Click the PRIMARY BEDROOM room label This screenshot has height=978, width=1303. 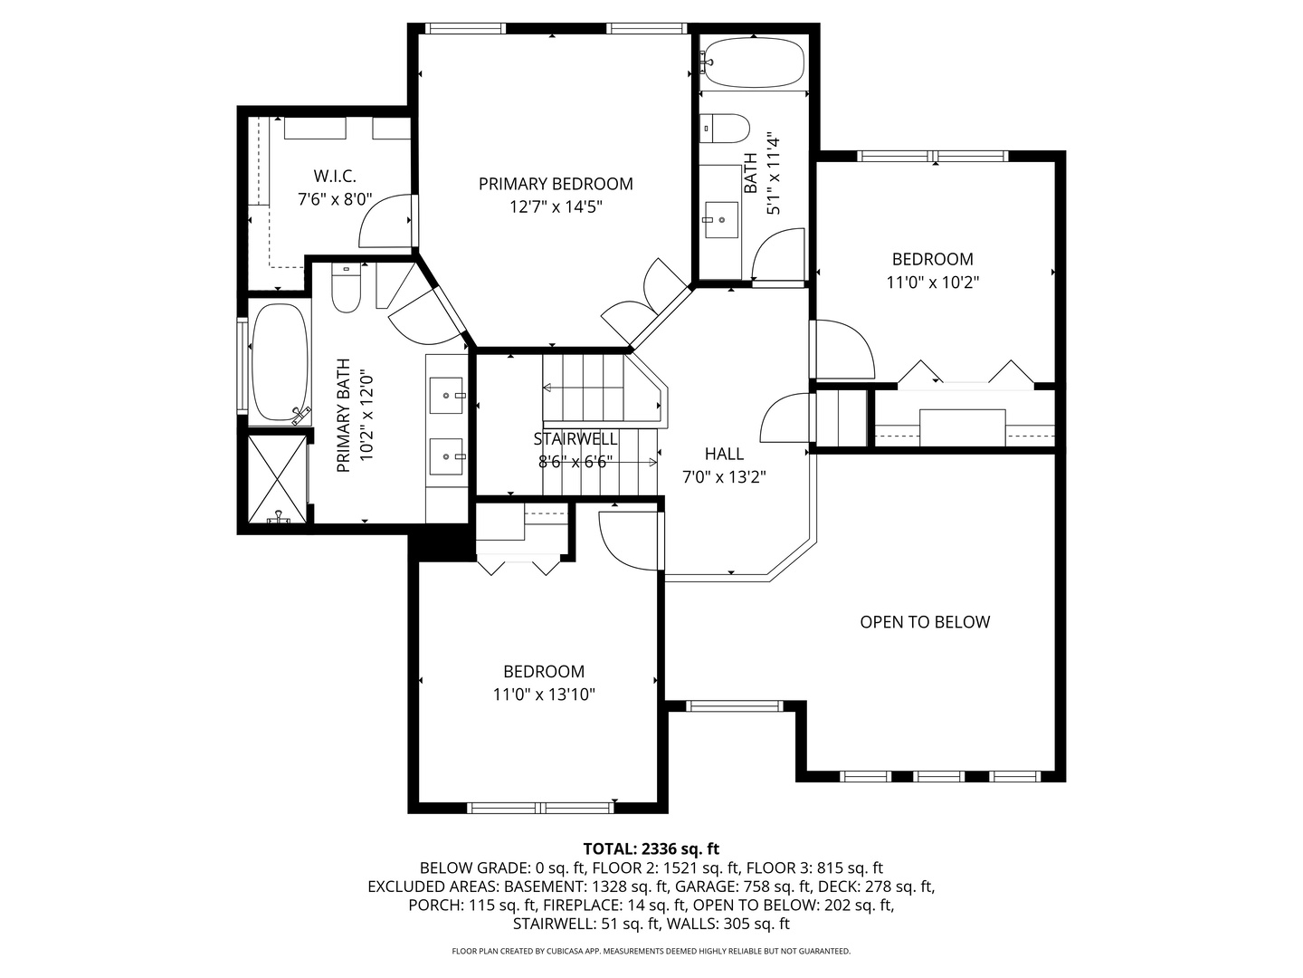pos(556,184)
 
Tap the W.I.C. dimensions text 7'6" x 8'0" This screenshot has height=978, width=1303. pos(335,199)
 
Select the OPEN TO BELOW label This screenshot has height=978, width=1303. pos(925,622)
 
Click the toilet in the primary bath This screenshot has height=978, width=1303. pos(346,288)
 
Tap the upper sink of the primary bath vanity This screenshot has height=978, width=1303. pos(446,395)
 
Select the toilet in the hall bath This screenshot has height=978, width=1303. pos(726,128)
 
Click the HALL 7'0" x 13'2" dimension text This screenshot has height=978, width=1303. pos(724,477)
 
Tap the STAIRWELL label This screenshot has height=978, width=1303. pos(575,439)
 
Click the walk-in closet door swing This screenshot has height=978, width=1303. pos(386,222)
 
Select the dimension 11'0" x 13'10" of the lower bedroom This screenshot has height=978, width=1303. pos(544,695)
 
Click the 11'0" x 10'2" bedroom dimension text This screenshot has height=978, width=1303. pos(932,282)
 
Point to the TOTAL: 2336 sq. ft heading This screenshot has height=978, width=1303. pos(651,849)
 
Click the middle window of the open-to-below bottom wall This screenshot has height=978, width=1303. pos(939,776)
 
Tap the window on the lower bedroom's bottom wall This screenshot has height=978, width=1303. pos(540,808)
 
